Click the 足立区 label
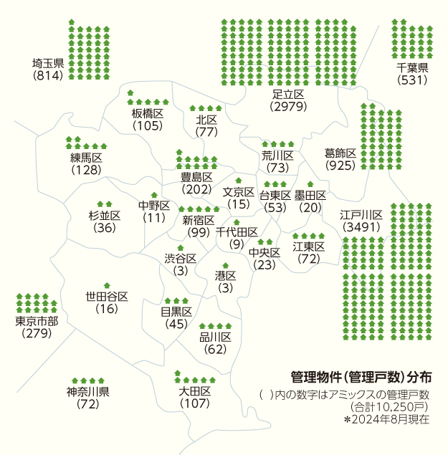(289, 95)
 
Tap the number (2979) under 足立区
(289, 107)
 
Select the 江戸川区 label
(361, 215)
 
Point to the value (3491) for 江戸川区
(361, 227)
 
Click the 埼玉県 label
(48, 63)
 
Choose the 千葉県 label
(412, 68)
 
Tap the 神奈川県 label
(87, 392)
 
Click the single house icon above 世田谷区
(107, 285)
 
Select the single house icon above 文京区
(239, 181)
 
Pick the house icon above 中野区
(153, 195)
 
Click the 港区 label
(225, 276)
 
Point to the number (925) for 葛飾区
(340, 166)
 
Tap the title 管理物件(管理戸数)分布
(361, 377)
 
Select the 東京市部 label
(37, 320)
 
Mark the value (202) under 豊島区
(196, 190)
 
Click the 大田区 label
(194, 391)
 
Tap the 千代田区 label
(237, 231)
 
